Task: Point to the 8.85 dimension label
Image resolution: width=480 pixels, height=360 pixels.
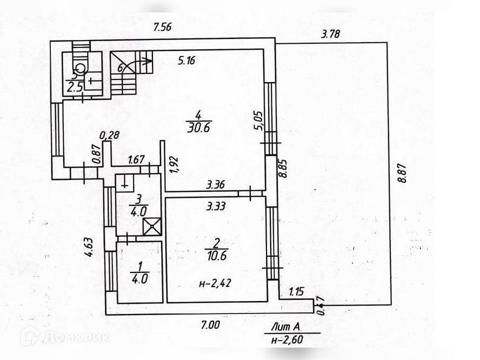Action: (x=282, y=169)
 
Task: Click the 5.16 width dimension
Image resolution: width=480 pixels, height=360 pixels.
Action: (x=186, y=60)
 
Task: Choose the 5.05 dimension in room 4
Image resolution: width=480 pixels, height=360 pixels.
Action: (x=258, y=120)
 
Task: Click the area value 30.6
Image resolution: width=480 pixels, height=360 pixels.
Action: (x=198, y=128)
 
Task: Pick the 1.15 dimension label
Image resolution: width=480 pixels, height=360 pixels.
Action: (x=296, y=292)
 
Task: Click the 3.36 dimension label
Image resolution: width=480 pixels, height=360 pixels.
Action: (x=215, y=185)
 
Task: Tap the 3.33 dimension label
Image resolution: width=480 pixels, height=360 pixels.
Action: (x=215, y=205)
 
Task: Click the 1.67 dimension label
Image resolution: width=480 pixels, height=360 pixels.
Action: (x=136, y=159)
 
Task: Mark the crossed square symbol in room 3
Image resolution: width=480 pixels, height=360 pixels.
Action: (x=152, y=226)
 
